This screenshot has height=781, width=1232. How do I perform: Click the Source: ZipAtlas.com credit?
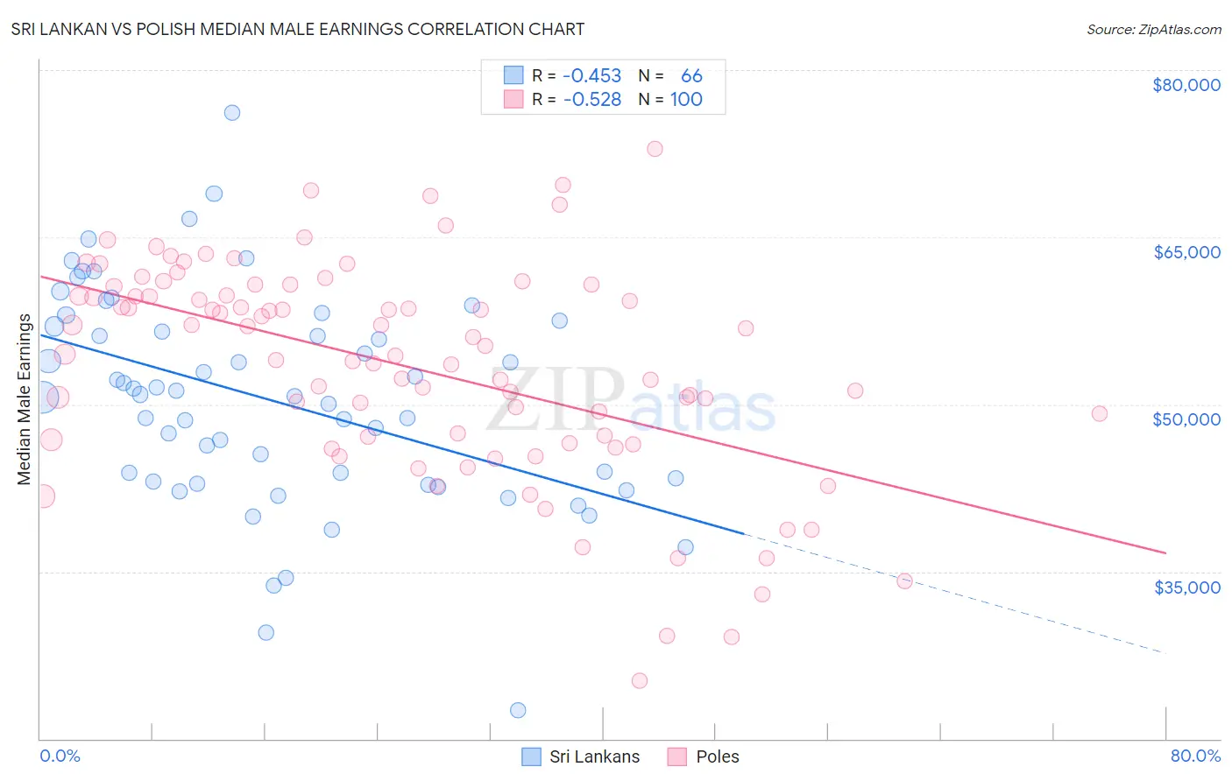coord(1153,29)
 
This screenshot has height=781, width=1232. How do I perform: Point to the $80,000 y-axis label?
coord(1186,85)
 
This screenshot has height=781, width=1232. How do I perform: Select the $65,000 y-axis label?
coord(1186,252)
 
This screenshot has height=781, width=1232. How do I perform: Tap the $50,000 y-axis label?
coord(1186,419)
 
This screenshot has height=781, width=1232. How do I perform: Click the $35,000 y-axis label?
coord(1186,587)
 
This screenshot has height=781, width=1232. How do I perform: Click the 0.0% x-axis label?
coord(60,756)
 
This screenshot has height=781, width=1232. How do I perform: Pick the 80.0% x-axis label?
coord(1195,756)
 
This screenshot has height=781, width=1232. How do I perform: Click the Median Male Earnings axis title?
coord(25,399)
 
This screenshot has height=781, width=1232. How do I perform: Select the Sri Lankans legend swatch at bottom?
coord(531,756)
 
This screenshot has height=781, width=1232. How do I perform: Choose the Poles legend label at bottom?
coord(717,756)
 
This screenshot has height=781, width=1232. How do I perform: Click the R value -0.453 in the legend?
coord(592,76)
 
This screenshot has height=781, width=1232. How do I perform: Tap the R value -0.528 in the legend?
coord(592,100)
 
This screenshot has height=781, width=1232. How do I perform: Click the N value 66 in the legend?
coord(691,76)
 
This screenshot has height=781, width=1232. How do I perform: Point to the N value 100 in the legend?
coord(686,100)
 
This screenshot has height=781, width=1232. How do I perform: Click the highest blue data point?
coord(232,112)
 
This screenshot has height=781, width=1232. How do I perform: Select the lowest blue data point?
coord(518,710)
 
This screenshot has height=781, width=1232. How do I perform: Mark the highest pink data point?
coord(655,149)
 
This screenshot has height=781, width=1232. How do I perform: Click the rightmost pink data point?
coord(1099,413)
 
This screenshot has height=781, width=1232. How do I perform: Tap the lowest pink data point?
coord(640,680)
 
